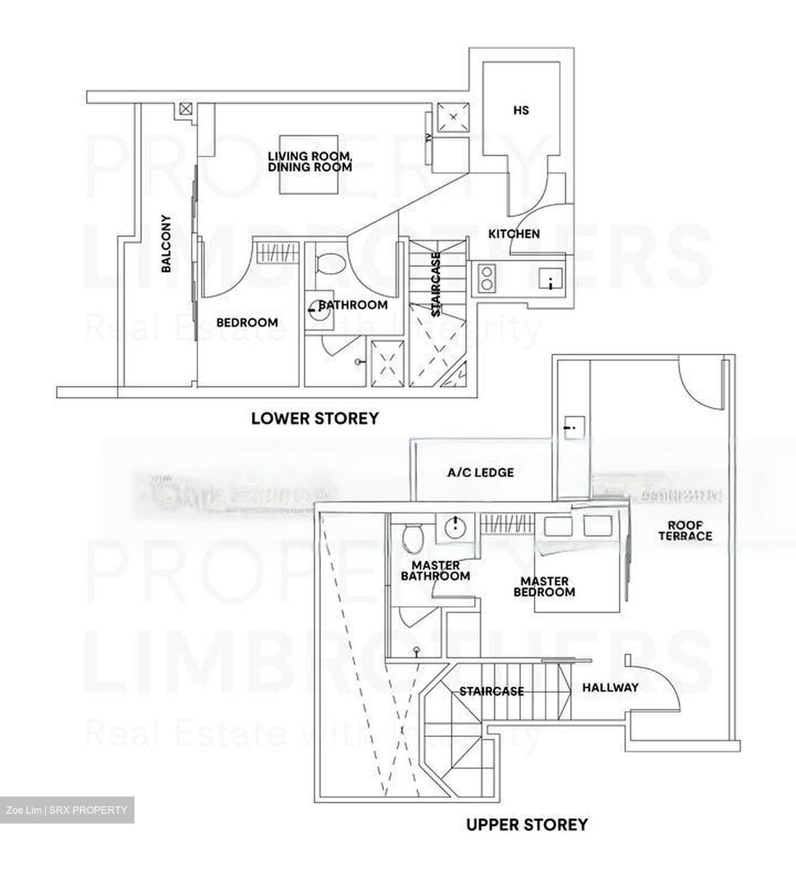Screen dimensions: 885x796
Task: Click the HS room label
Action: pyautogui.click(x=521, y=111)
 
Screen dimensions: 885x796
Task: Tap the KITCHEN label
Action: pyautogui.click(x=514, y=234)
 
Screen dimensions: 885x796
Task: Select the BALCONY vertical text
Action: pyautogui.click(x=166, y=243)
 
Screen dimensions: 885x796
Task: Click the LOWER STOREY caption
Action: pyautogui.click(x=315, y=419)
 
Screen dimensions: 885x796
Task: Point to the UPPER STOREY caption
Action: pyautogui.click(x=526, y=824)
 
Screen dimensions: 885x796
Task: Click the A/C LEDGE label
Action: pyautogui.click(x=480, y=473)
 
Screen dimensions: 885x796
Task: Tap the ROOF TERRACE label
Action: pyautogui.click(x=685, y=530)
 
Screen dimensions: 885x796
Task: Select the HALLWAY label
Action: pyautogui.click(x=610, y=688)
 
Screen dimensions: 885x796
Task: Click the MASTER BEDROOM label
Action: pyautogui.click(x=544, y=586)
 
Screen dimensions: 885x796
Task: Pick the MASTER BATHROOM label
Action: pyautogui.click(x=435, y=571)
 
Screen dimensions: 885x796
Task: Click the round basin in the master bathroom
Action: pyautogui.click(x=455, y=527)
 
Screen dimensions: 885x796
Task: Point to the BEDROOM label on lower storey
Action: pyautogui.click(x=247, y=323)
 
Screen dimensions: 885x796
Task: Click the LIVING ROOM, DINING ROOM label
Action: pyautogui.click(x=310, y=162)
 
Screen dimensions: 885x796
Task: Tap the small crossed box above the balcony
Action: pyautogui.click(x=185, y=110)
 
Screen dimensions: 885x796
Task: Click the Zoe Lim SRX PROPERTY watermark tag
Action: pyautogui.click(x=67, y=810)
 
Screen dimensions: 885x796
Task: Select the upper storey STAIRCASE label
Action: pyautogui.click(x=491, y=691)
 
